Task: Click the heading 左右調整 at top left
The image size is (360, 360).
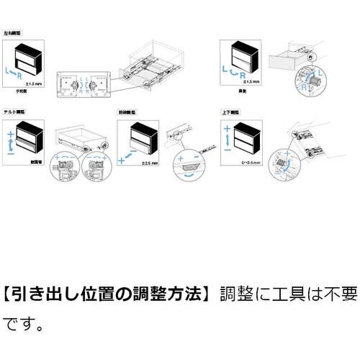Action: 12,33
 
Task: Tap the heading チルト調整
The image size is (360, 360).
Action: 14,114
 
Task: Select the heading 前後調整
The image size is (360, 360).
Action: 127,114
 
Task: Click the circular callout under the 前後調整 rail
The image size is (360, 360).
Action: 188,168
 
